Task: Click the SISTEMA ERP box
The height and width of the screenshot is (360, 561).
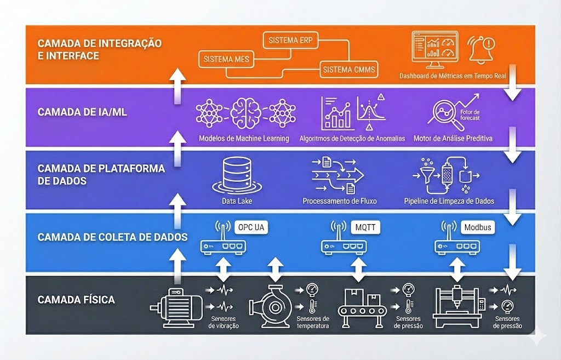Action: (x=290, y=41)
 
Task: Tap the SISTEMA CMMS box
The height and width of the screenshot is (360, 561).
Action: (x=346, y=70)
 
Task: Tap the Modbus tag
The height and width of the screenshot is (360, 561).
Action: (x=478, y=227)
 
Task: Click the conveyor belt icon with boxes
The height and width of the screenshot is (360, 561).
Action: (x=365, y=307)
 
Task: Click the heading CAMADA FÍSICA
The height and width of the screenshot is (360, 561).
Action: (x=76, y=300)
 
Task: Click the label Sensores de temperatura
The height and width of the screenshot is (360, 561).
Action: (x=313, y=322)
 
